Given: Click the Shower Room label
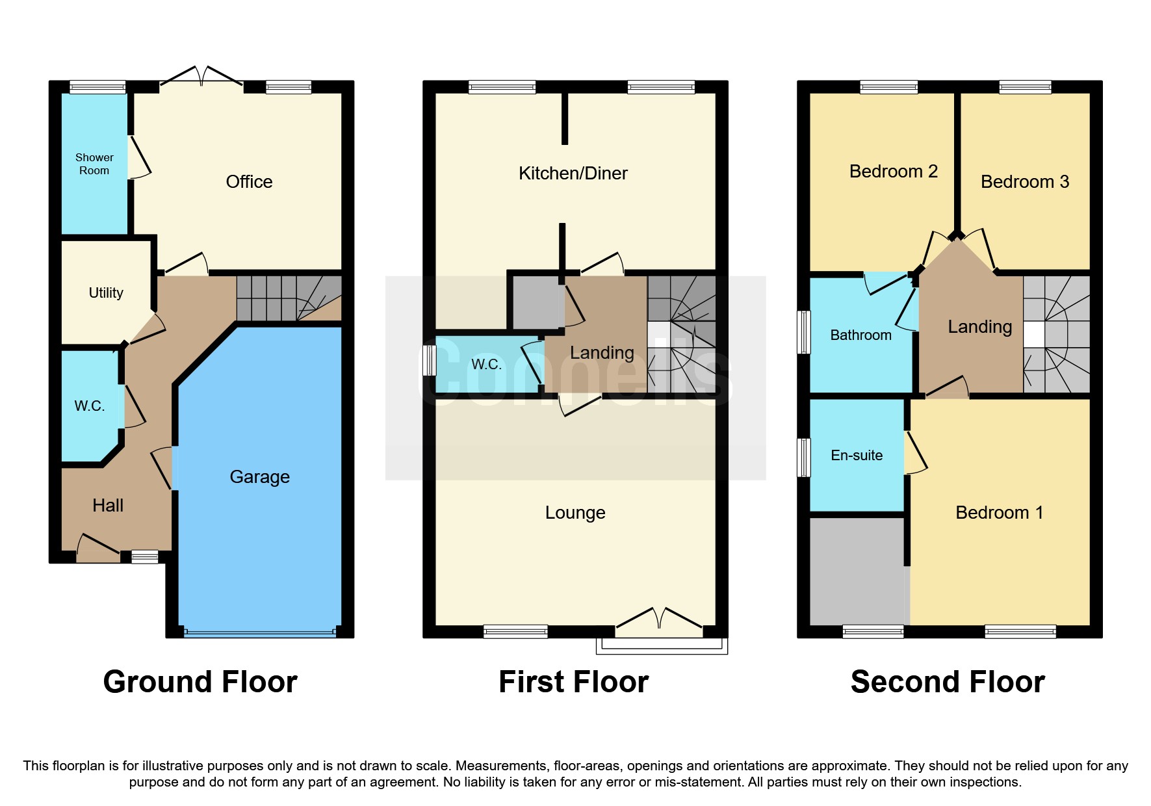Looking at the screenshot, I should click(x=94, y=164).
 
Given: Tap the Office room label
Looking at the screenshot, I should click(x=249, y=182).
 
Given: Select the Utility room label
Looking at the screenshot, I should click(x=106, y=293).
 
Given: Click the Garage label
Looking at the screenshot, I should click(x=259, y=477).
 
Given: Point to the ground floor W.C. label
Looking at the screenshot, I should click(x=90, y=406).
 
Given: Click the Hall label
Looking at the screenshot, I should click(x=108, y=506).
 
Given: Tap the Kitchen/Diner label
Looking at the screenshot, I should click(x=573, y=174).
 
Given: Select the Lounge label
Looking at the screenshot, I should click(x=575, y=513).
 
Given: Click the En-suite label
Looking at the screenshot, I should click(x=857, y=456).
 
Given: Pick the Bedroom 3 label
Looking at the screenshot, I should click(x=1024, y=182).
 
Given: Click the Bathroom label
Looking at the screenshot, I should click(x=860, y=335).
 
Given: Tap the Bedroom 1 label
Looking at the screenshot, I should click(x=999, y=513).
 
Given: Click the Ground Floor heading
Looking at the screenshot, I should click(x=200, y=682).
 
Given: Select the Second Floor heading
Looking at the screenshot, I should click(x=948, y=682).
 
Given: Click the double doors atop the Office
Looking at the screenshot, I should click(x=201, y=77).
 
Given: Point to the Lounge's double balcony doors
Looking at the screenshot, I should click(x=659, y=619).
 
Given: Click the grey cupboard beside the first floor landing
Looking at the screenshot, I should click(x=538, y=302).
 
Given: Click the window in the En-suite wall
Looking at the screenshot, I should click(x=804, y=457).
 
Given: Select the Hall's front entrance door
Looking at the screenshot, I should click(x=97, y=548).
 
